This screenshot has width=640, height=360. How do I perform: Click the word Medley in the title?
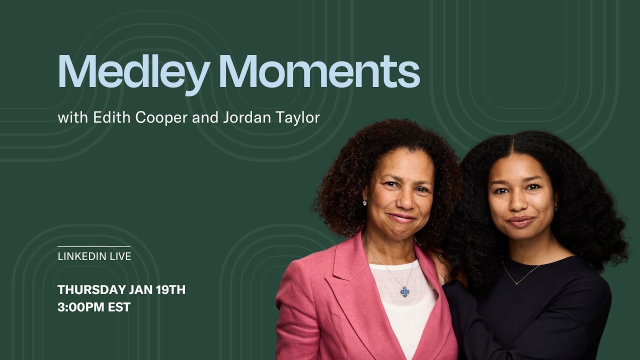point(133,72)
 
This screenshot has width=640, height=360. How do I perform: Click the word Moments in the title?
point(319,72)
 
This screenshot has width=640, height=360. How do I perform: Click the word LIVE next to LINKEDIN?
point(119,256)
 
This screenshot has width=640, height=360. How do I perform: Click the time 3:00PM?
point(81,307)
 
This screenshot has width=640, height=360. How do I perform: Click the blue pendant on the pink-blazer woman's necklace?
point(404,291)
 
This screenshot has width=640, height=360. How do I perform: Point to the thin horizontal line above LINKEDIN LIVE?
point(94,246)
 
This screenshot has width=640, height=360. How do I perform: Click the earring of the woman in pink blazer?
point(364,202)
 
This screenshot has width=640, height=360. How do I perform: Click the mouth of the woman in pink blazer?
point(401,218)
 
